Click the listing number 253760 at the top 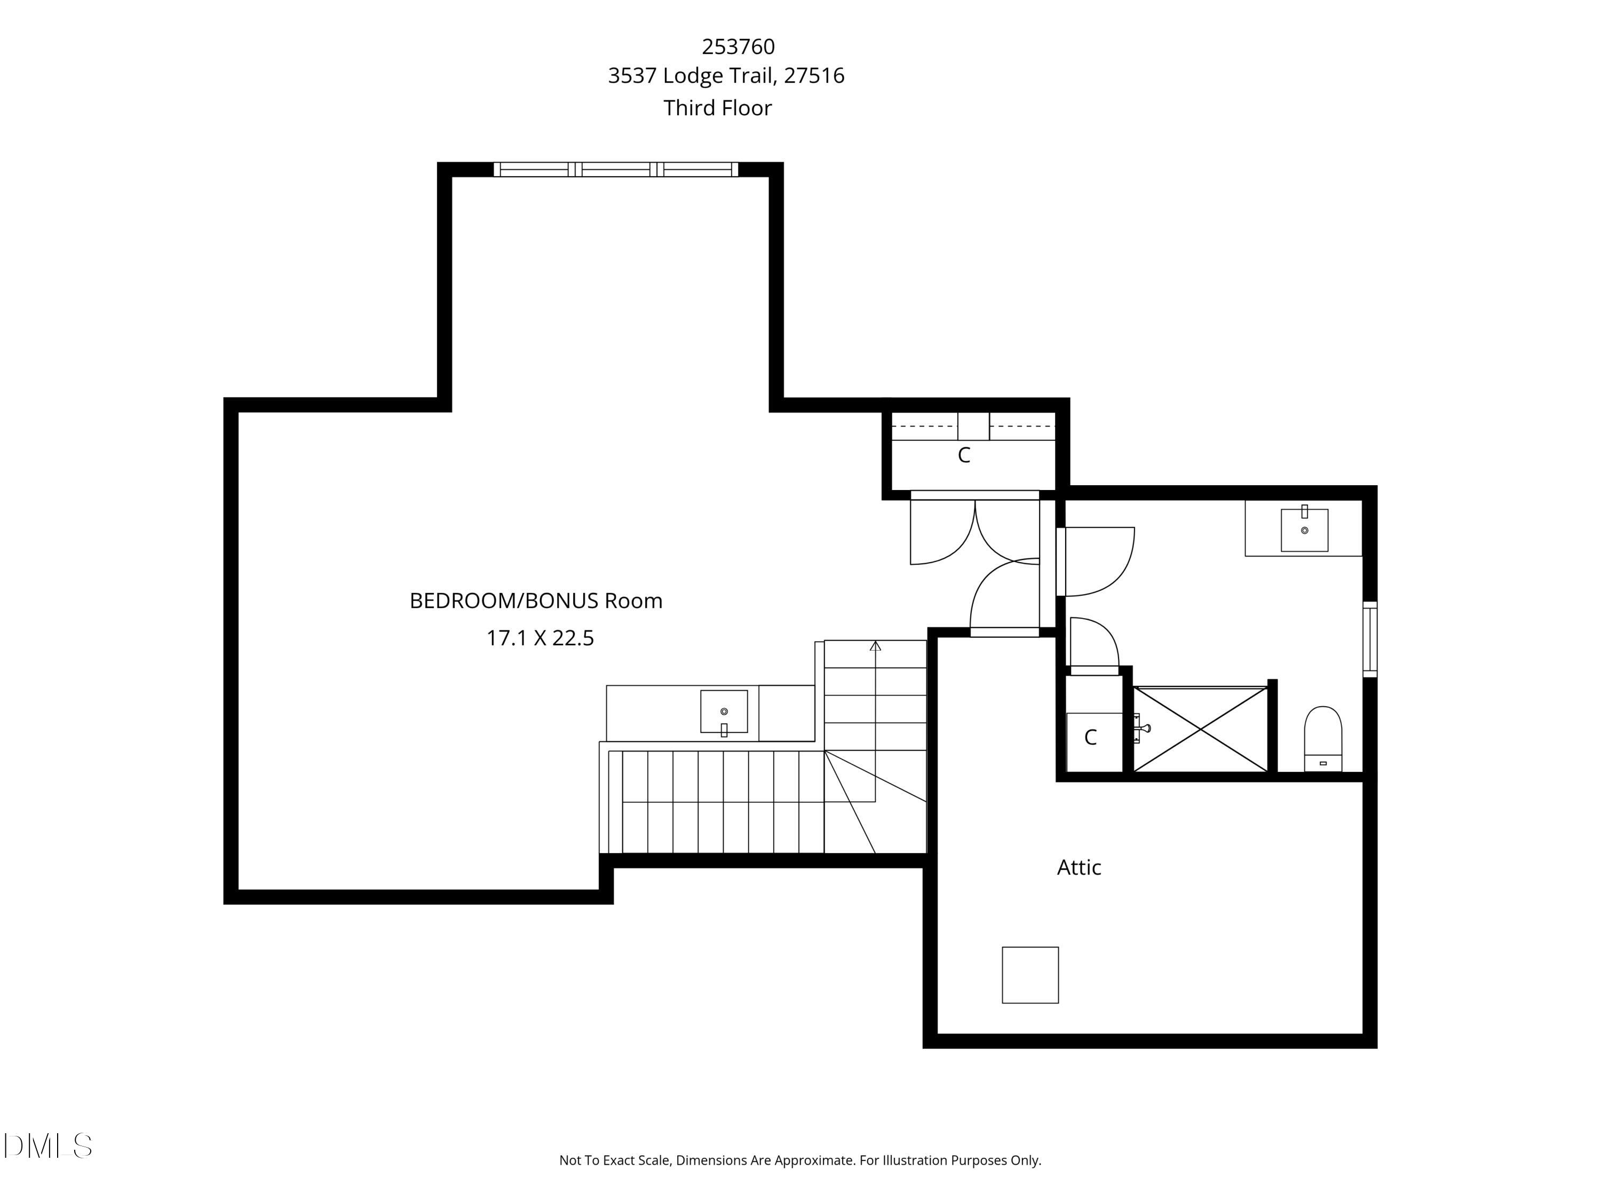click(738, 47)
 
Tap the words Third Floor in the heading click(717, 108)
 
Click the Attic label click(1079, 867)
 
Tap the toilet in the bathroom click(1322, 738)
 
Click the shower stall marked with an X click(1200, 729)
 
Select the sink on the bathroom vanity click(1304, 530)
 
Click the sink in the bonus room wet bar click(723, 712)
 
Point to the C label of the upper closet click(963, 455)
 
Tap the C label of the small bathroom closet click(1090, 738)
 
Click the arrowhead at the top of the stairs click(875, 646)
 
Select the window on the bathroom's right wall click(1369, 639)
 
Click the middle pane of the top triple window click(615, 169)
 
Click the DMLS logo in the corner click(48, 1145)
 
